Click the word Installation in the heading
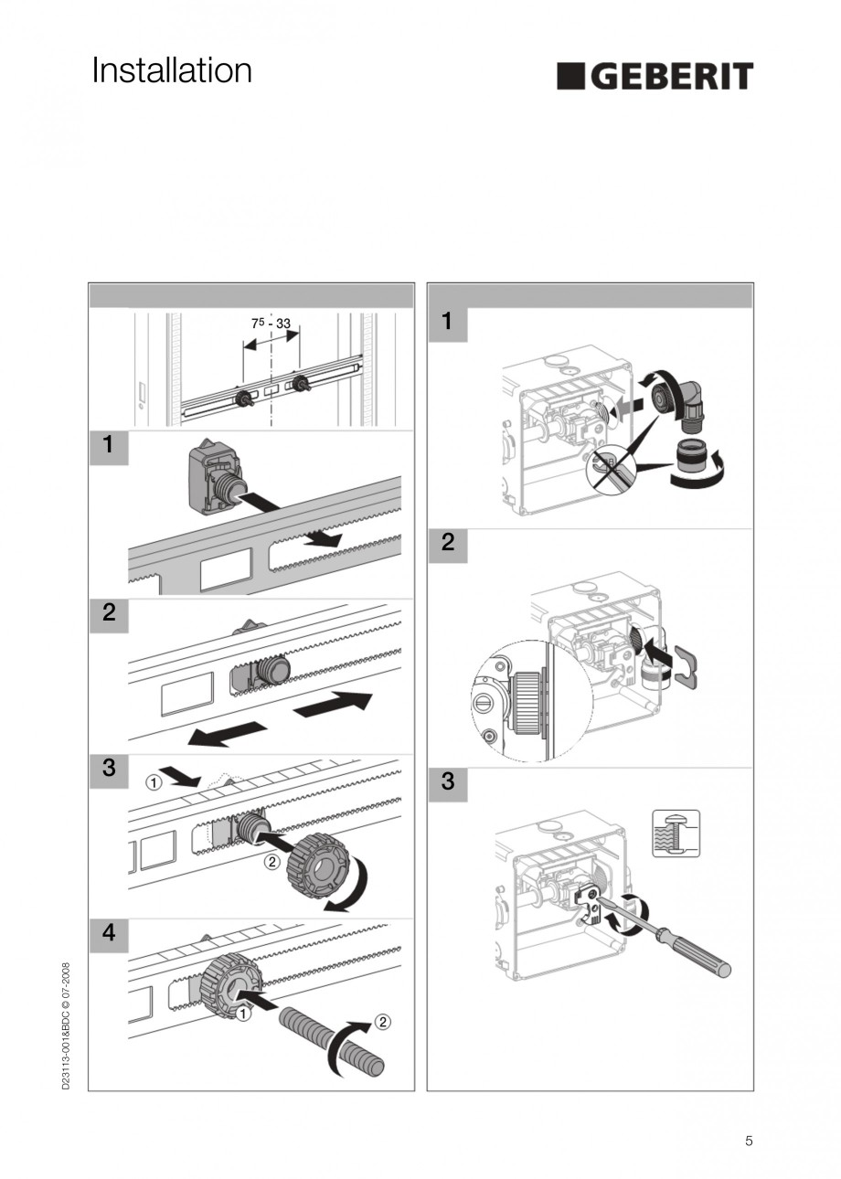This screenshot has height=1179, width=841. click(172, 71)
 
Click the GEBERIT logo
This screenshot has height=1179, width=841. click(655, 76)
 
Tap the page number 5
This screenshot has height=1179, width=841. click(749, 1140)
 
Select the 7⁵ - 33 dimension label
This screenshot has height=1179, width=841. click(271, 324)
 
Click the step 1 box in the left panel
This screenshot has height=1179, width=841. click(109, 446)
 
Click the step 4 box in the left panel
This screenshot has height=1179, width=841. click(109, 933)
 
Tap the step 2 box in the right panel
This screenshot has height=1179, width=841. click(447, 542)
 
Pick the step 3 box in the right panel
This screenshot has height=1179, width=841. click(447, 782)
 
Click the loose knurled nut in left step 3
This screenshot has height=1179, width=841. click(318, 864)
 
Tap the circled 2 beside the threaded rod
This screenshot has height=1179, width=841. click(383, 1022)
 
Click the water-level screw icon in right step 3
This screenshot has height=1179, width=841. click(676, 834)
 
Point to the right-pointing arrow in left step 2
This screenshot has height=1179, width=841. click(333, 705)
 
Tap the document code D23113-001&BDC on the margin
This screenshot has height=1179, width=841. click(66, 1024)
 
